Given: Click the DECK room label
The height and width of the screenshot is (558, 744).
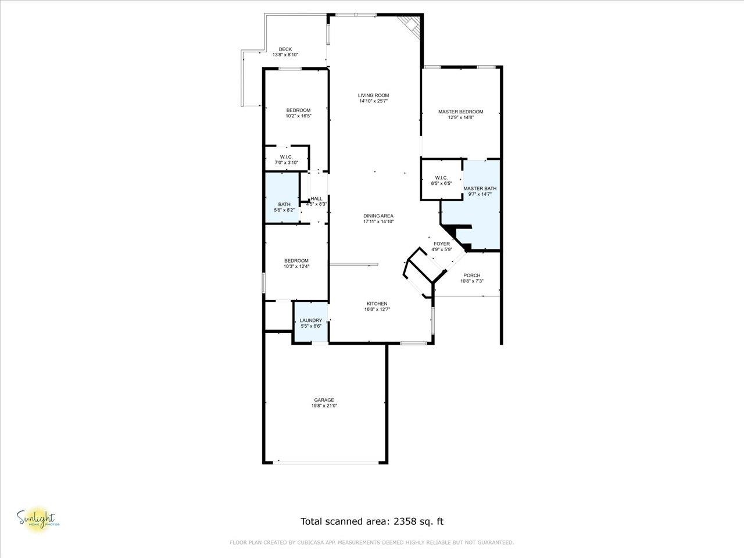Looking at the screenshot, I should pos(285,49).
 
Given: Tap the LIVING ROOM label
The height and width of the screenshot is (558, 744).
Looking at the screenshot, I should pos(373,95).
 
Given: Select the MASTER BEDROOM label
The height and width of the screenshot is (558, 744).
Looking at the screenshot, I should pos(460,112).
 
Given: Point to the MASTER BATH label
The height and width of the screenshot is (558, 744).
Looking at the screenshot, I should pos(480,189).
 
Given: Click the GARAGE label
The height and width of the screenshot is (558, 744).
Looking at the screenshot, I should pos(324,400).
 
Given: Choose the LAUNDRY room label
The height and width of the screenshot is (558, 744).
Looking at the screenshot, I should pos(311,320).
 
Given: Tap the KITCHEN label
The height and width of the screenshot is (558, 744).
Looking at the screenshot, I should pos(377,304).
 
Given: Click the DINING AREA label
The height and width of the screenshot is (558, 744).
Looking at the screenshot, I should pos(378,216).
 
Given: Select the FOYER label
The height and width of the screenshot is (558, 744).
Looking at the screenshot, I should pos(442,244).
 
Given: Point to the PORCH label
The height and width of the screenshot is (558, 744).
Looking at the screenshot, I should pos(471,276).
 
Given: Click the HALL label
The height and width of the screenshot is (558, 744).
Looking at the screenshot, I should pos(316,199).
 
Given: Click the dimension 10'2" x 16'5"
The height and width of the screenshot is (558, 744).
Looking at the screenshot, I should pos(298,116).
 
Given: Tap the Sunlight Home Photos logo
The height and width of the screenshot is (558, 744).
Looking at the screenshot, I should pos(38,518).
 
